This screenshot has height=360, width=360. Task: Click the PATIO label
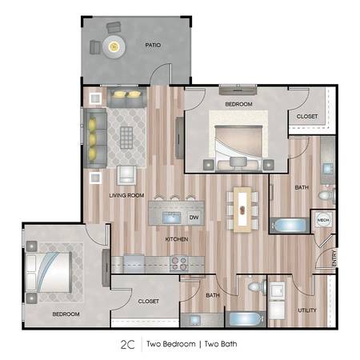[153, 45]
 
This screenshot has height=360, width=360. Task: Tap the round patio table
[114, 46]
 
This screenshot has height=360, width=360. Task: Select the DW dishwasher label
[194, 218]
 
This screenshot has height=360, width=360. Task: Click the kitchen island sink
[171, 218]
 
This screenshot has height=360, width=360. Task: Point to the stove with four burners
[179, 263]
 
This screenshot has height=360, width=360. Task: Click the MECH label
[323, 220]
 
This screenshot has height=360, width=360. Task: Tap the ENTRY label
[334, 258]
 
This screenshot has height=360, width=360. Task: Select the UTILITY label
[307, 310]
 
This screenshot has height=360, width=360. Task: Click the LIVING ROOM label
[126, 195]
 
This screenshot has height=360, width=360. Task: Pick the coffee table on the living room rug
[126, 138]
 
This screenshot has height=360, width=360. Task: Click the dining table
[242, 210]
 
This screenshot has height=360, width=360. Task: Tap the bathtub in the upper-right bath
[290, 226]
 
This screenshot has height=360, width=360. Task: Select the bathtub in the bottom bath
[246, 319]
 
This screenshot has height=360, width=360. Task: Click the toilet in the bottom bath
[257, 287]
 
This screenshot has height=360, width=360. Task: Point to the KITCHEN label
[177, 239]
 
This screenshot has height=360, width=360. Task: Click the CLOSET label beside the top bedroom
[307, 116]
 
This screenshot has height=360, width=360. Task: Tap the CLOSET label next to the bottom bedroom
[149, 301]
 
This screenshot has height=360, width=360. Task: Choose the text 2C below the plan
[128, 345]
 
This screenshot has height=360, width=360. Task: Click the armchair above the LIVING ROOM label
[126, 175]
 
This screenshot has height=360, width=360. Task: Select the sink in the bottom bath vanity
[194, 320]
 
